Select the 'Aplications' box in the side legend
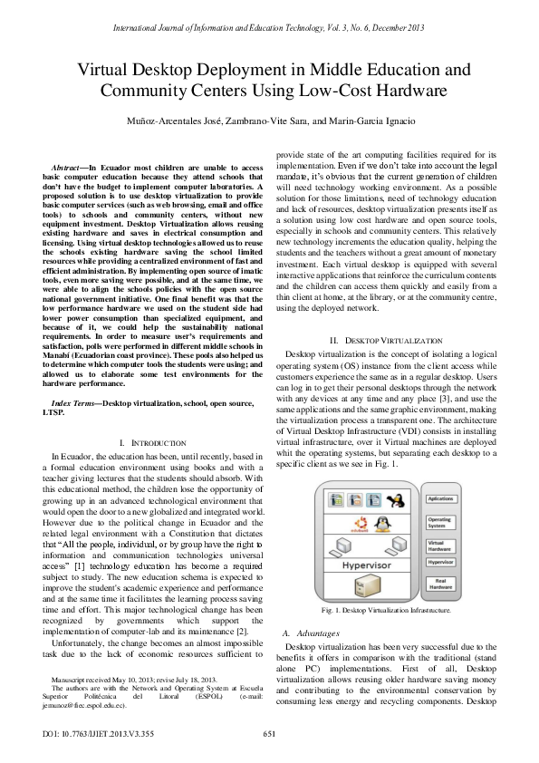[x=441, y=498]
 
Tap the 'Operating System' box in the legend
[x=441, y=523]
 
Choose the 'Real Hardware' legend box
[x=441, y=584]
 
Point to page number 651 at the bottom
[x=268, y=734]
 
